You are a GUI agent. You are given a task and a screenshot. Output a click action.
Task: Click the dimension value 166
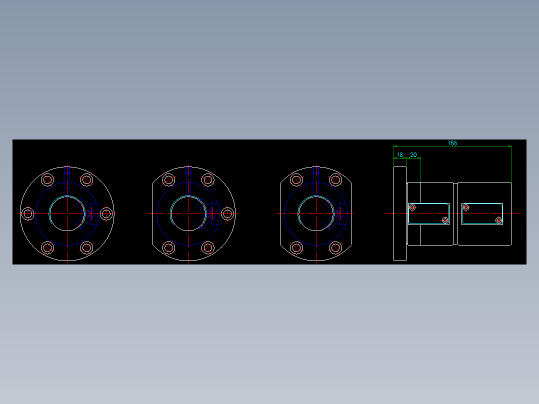tap(452, 143)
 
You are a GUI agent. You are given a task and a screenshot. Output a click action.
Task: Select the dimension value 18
tap(399, 155)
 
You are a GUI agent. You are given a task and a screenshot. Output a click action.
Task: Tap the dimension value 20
tap(413, 155)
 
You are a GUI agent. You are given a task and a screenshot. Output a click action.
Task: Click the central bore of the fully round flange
tap(67, 213)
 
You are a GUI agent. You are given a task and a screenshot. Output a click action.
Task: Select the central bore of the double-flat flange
tap(315, 213)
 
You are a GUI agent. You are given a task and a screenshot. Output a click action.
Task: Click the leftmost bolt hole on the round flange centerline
tap(28, 214)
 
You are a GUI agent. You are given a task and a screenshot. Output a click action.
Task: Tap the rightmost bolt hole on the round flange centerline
tap(106, 214)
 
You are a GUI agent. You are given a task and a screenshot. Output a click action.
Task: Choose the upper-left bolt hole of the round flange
tap(47, 180)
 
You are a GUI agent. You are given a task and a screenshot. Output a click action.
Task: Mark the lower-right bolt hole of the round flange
tap(86, 247)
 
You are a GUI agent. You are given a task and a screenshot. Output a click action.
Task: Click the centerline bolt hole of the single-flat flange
tap(227, 214)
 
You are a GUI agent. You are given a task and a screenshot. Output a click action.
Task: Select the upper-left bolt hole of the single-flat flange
tap(168, 180)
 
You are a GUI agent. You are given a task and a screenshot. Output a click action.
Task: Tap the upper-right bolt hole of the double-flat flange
tap(335, 180)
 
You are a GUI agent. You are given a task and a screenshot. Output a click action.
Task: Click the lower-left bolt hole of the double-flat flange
tap(296, 247)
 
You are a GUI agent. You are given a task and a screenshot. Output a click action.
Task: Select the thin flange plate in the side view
tap(399, 214)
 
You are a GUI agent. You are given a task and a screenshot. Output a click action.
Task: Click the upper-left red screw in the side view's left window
tap(412, 207)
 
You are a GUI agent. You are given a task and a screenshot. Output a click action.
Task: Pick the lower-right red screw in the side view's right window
tap(498, 220)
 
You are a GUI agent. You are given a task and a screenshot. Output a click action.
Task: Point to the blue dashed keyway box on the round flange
tap(93, 214)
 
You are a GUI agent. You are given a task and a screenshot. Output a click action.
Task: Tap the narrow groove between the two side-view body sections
tap(455, 214)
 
